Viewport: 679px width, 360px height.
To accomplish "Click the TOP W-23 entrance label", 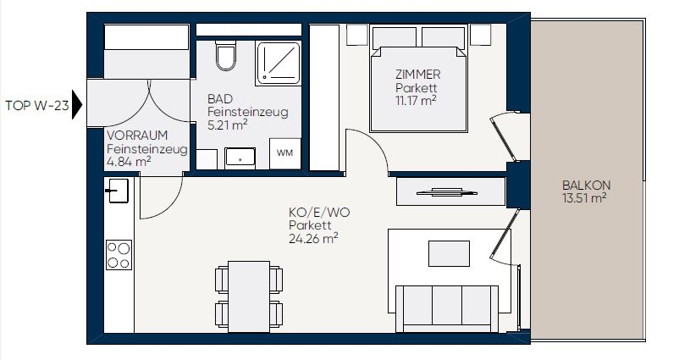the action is [x=37, y=105].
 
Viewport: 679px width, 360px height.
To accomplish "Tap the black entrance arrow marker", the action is [x=77, y=104].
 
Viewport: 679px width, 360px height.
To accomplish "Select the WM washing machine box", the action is [x=285, y=153].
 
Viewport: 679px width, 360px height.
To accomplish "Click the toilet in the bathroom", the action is [x=225, y=55].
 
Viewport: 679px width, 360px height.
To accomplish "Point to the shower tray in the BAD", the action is [x=278, y=64].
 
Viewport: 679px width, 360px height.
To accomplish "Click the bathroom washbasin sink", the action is [x=240, y=158].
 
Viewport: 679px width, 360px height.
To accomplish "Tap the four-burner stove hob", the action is [x=119, y=255].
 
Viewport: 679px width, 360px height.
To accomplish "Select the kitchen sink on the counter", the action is [x=117, y=191].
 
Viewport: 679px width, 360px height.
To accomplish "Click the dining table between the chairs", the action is [x=249, y=296].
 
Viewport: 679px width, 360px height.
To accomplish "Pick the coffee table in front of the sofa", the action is [x=449, y=253].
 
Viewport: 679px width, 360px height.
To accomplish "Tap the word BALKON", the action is [x=586, y=186].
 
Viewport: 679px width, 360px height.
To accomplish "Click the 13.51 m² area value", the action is [x=583, y=198].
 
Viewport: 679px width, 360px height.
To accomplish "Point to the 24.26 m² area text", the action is [x=313, y=238].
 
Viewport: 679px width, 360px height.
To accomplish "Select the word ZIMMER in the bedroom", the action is [x=418, y=75].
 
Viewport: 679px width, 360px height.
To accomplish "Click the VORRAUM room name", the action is [x=137, y=136].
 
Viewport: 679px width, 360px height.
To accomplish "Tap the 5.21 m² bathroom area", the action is [x=228, y=125].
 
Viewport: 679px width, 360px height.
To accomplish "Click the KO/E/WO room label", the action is [x=319, y=213].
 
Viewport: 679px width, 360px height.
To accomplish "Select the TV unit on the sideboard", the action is [x=447, y=192].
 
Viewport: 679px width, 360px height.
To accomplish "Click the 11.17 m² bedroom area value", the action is [x=416, y=101].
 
